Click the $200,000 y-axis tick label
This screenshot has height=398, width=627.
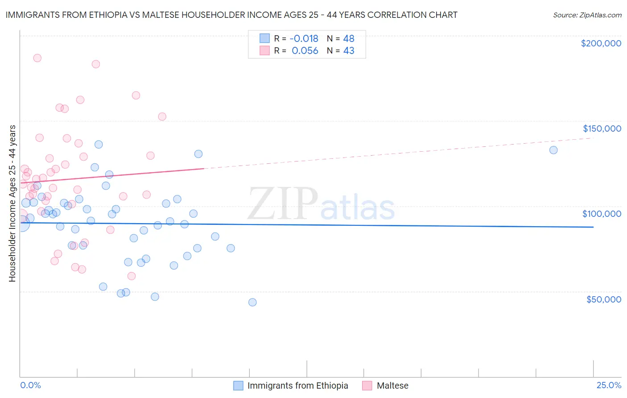click(601, 43)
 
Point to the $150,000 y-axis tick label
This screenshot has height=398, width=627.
click(602, 129)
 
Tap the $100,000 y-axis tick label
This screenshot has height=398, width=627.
click(602, 214)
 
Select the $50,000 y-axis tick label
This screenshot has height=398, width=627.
click(603, 299)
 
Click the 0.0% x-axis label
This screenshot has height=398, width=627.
click(30, 386)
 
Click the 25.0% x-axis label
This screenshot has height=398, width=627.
click(609, 386)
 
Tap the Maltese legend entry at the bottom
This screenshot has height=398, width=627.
click(392, 386)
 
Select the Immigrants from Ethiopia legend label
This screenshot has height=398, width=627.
click(297, 386)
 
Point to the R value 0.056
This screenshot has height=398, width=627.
click(305, 51)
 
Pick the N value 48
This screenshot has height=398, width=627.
click(348, 39)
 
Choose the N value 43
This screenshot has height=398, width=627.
click(348, 51)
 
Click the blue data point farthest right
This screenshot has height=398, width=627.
click(553, 150)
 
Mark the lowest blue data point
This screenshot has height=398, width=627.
click(252, 302)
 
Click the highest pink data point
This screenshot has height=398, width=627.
click(37, 58)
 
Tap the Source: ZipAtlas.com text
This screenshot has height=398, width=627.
click(587, 15)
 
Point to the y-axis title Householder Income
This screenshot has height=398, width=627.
click(12, 203)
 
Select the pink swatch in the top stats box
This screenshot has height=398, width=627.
click(264, 51)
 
